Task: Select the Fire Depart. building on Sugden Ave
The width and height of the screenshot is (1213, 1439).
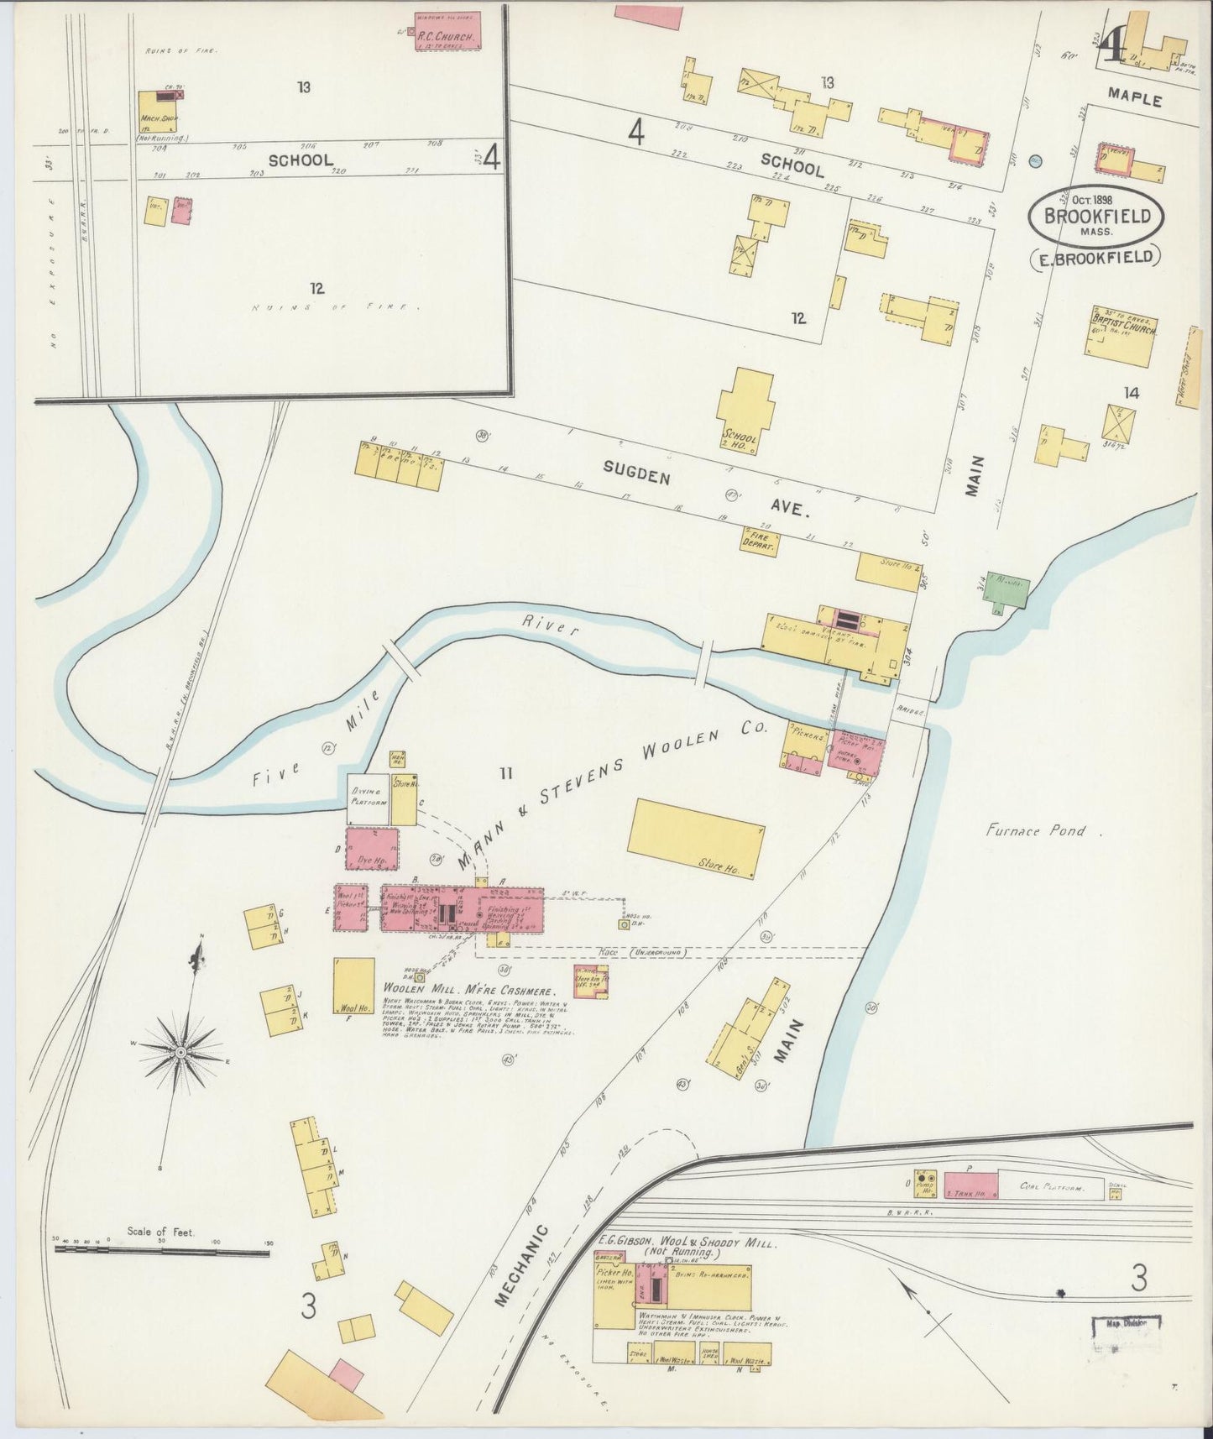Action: (759, 541)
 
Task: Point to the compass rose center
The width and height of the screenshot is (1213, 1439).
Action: (180, 1051)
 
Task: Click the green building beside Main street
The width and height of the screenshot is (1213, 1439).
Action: (1006, 592)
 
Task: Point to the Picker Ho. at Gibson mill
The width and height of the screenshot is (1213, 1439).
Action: (614, 1298)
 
